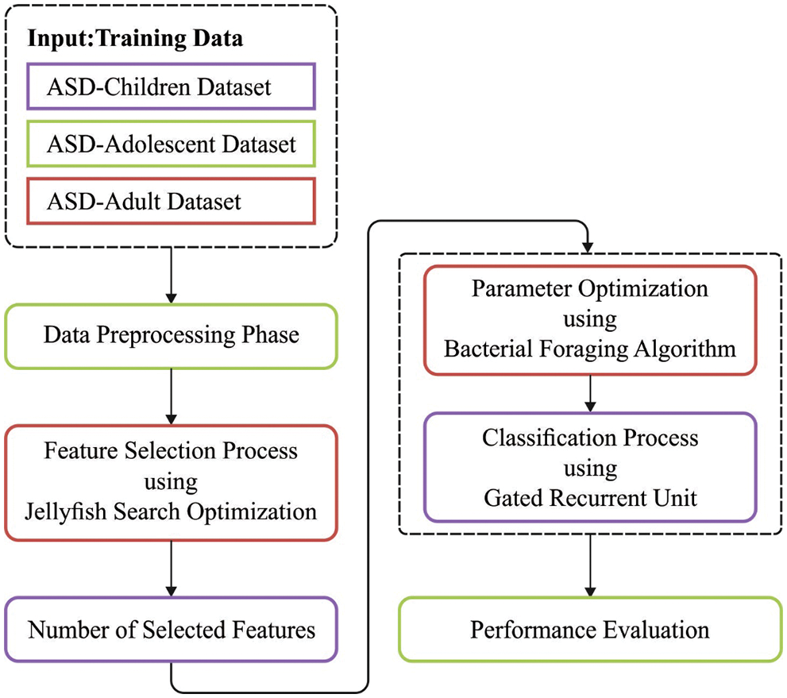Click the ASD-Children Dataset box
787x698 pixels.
pos(170,86)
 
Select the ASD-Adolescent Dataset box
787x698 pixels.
pos(170,144)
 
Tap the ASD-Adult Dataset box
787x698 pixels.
pos(170,201)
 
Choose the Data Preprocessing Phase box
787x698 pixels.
pos(171,335)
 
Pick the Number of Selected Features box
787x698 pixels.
pos(171,630)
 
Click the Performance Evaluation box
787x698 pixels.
pos(589,630)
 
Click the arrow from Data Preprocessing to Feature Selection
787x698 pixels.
pos(171,396)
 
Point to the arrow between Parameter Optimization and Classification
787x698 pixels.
pos(589,392)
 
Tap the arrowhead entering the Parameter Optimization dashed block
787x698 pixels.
pos(588,246)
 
